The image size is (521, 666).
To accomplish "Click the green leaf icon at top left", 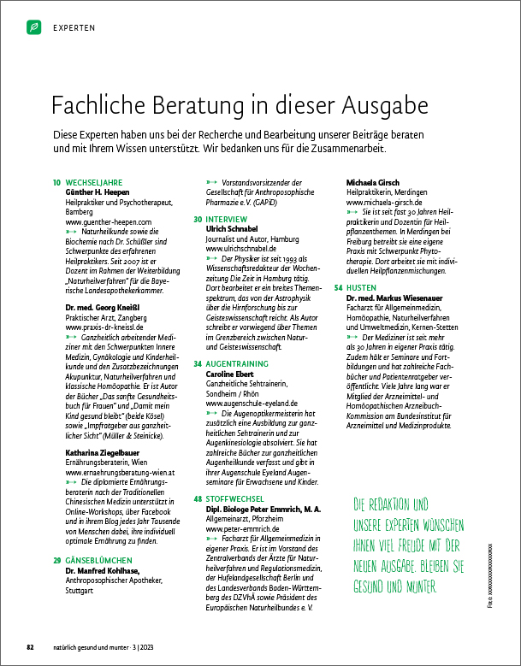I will click(33, 28).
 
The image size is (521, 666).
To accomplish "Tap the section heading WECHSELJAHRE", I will click(94, 183).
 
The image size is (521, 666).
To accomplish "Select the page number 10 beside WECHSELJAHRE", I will click(56, 183).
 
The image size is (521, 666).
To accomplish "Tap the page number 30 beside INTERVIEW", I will click(197, 220).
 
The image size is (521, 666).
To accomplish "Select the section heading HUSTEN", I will click(362, 288).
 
